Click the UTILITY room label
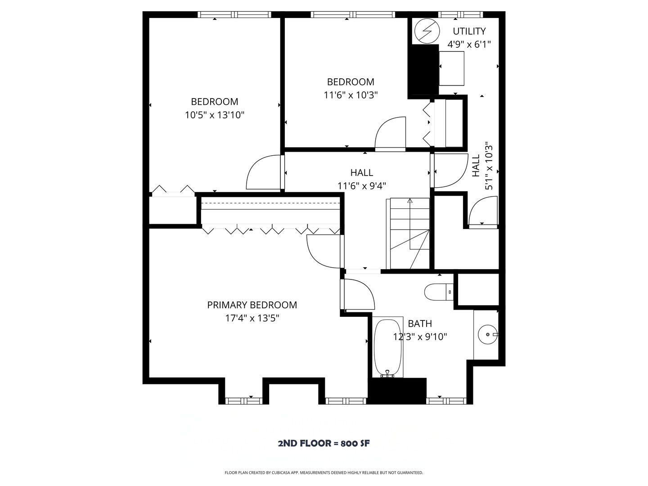[x=469, y=31]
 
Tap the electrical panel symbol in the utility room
[x=426, y=31]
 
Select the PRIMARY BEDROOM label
[x=252, y=305]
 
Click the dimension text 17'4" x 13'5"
[x=252, y=318]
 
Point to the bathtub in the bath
[x=387, y=347]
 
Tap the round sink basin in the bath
[x=487, y=335]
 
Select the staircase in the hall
[x=409, y=233]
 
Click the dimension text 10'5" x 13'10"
[x=215, y=115]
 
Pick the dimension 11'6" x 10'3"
[x=351, y=95]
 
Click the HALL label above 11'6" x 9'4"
[x=362, y=172]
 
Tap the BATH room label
[x=420, y=324]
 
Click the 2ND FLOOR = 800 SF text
[x=324, y=443]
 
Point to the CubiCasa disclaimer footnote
[x=324, y=472]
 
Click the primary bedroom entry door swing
[x=323, y=251]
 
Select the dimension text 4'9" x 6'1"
[x=469, y=44]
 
